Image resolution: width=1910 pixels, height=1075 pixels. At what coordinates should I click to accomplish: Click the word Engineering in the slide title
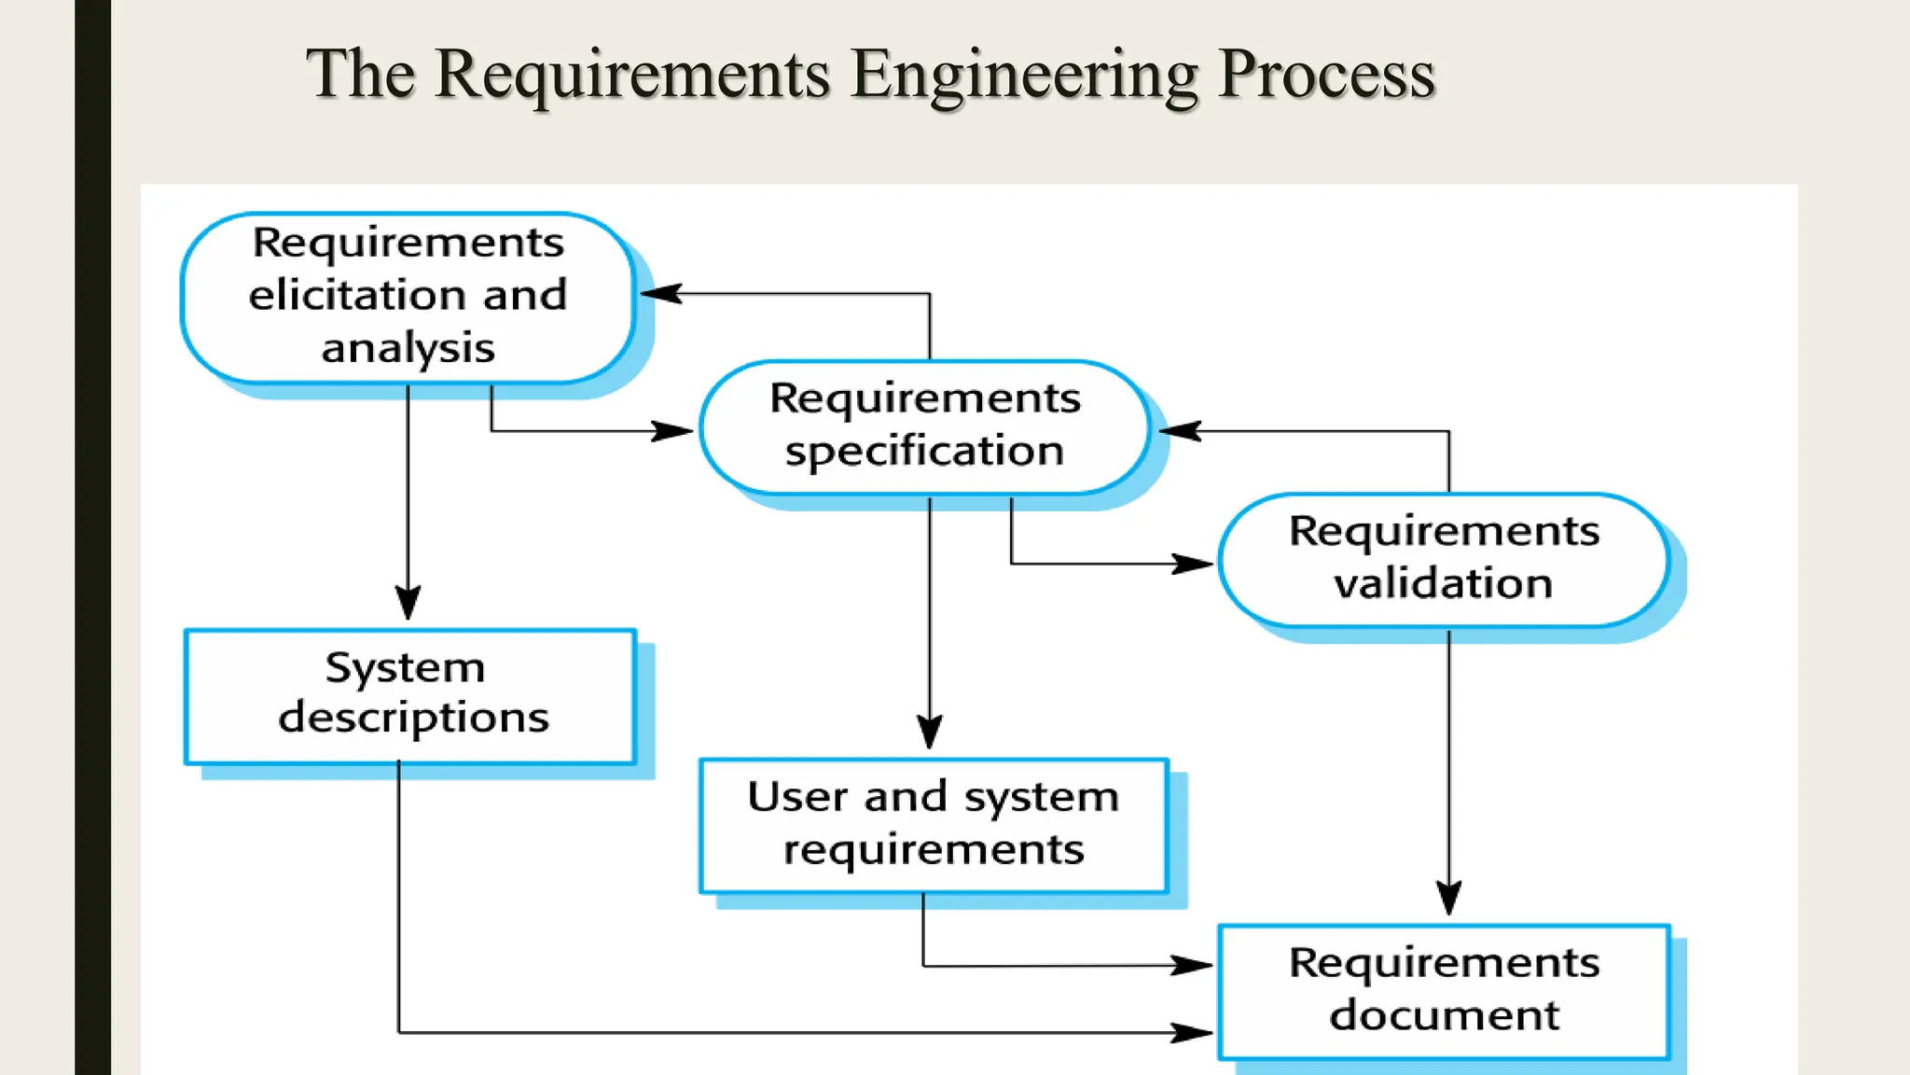pos(1023,75)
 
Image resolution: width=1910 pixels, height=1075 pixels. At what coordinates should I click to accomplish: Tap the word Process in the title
pos(1326,75)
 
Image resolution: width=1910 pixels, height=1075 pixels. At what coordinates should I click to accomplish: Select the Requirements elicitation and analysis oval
pos(408,297)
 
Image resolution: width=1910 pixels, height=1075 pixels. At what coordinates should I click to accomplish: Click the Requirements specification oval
pos(924,426)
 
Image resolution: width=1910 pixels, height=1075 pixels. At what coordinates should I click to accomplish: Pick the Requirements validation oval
pos(1443,559)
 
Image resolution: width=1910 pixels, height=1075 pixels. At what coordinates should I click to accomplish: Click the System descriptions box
pos(410,695)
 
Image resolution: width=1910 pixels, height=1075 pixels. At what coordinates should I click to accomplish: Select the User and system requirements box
pos(933,825)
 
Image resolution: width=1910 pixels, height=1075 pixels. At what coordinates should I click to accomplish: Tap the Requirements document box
pos(1443,990)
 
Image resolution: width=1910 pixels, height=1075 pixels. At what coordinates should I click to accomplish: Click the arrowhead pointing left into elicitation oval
pos(660,294)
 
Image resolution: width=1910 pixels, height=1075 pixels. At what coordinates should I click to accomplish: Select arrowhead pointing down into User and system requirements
pos(929,733)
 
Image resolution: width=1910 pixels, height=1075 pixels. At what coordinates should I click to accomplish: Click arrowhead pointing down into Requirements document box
pos(1448,898)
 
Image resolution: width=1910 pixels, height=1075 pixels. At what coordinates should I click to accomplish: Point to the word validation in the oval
pos(1443,584)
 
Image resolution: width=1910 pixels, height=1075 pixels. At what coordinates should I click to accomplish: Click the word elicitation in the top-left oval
pos(353,296)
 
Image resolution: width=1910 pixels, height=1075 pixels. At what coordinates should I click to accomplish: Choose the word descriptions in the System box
pos(413,719)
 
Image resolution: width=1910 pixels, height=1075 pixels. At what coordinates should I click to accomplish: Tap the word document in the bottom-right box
pos(1444,1015)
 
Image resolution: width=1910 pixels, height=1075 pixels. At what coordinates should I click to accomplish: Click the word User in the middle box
pos(797,798)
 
